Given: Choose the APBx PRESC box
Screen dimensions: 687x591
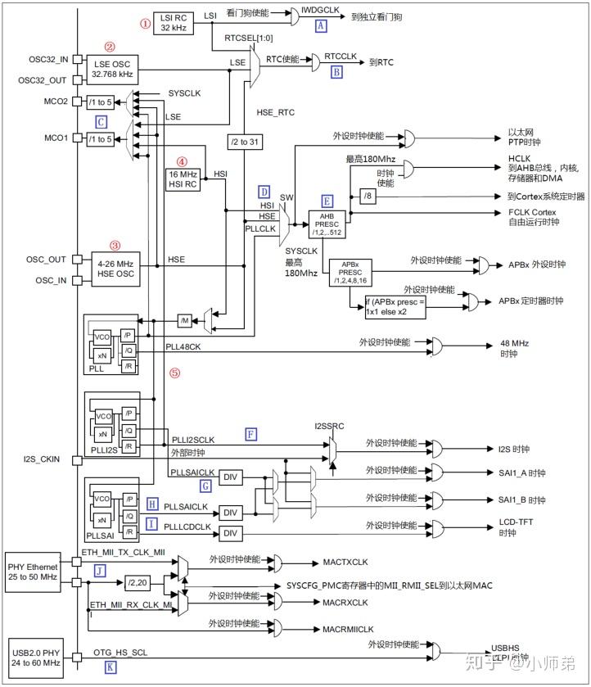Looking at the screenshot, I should click(350, 273).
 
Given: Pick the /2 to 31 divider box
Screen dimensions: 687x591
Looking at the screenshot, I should click(246, 142).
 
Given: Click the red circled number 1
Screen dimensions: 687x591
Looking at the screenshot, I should click(146, 24).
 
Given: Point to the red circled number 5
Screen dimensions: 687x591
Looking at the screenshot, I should click(174, 373).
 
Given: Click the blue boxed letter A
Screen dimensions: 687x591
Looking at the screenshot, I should click(321, 26).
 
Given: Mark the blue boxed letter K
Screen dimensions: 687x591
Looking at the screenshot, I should click(111, 668).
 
